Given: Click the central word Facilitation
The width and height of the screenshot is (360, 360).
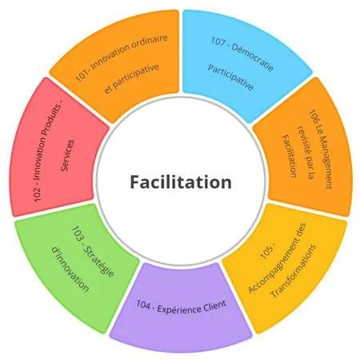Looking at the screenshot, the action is pos(181,182).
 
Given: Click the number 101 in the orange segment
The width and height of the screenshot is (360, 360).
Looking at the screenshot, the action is pos(81,76).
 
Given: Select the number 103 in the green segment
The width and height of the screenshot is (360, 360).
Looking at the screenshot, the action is pos(77,233).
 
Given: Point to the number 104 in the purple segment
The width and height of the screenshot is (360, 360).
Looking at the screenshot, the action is pos(143,305).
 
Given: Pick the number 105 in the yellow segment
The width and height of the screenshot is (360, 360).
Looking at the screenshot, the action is pos(266,252).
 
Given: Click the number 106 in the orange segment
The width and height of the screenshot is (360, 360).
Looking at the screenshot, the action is pos(314,115).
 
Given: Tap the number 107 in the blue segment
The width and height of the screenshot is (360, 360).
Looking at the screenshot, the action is pos(218,42).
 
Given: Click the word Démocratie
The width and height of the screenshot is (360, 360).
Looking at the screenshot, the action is pos(252,58).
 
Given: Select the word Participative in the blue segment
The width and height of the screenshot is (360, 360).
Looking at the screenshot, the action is pos(230,78).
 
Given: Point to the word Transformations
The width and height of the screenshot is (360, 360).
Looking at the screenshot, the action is pos(294,270).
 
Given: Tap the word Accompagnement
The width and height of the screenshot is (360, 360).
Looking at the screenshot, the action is pos(277,258).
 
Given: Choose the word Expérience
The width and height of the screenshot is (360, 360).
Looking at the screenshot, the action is pos(179,309).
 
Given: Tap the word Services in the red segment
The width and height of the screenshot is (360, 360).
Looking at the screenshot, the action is pos(67,155).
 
